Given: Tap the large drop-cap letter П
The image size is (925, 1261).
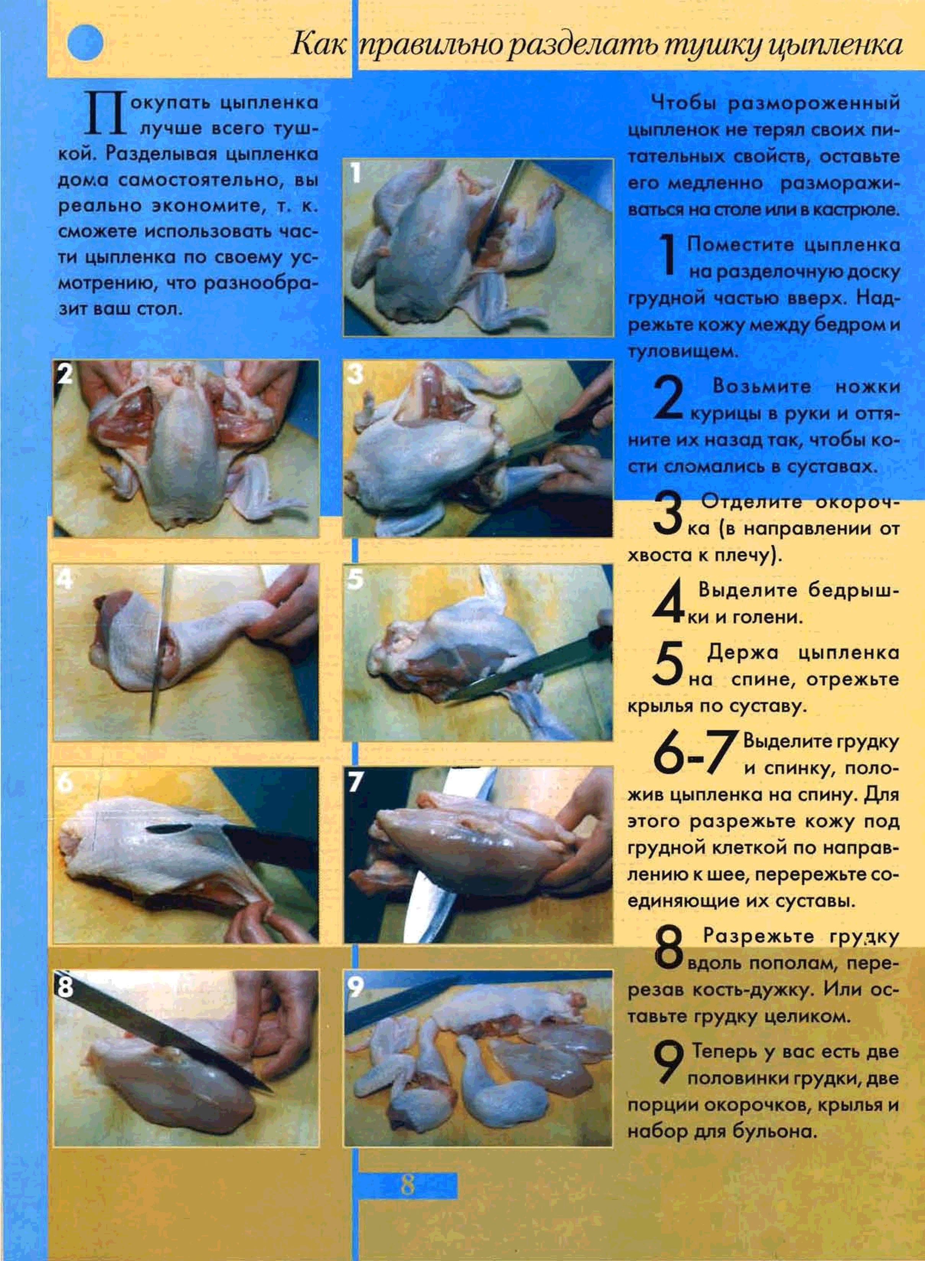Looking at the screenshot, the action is coord(105,114).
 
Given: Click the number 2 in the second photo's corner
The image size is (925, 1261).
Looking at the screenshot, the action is coord(65,374).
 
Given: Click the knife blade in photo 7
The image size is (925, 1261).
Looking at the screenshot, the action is coord(442,857).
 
